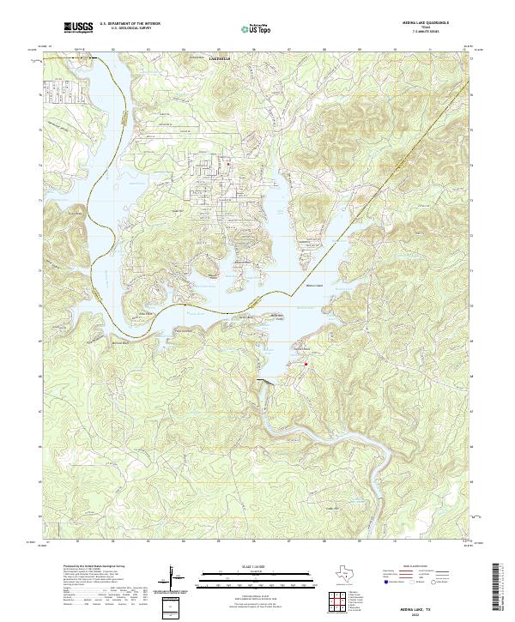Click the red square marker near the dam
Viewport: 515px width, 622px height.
pyautogui.click(x=306, y=363)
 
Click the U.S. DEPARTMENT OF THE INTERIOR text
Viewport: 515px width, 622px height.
pyautogui.click(x=125, y=24)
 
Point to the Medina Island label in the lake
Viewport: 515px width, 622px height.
pyautogui.click(x=314, y=286)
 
